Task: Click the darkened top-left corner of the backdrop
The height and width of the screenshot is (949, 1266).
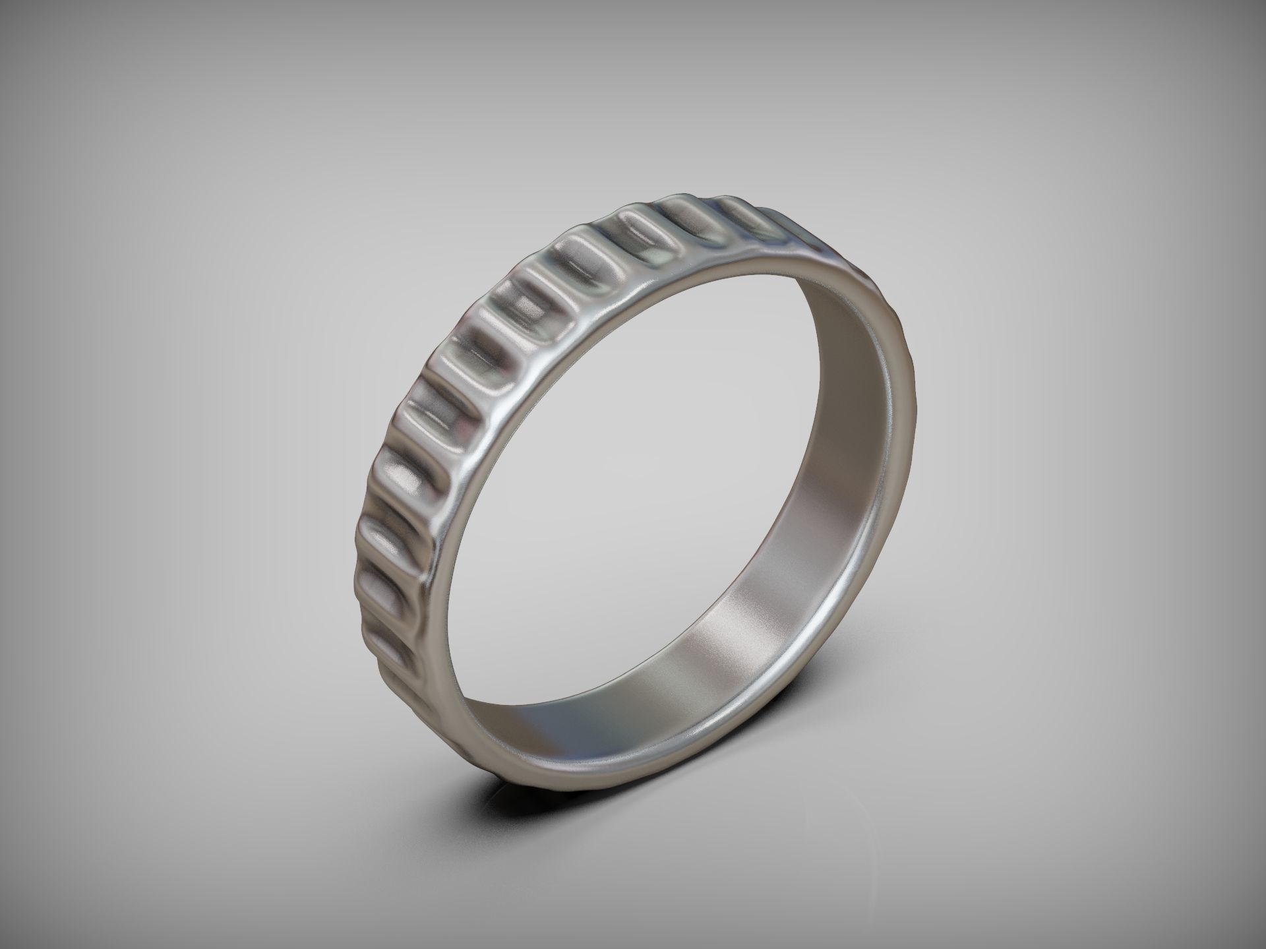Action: pyautogui.click(x=26, y=26)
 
